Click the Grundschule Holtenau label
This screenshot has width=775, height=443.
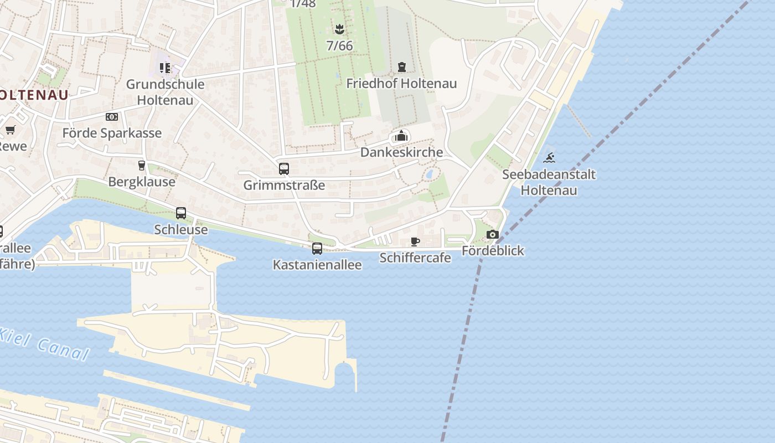[165, 92]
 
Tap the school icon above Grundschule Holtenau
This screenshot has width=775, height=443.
[164, 68]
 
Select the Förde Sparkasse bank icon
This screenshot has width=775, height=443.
[112, 117]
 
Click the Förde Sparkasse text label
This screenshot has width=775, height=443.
[112, 133]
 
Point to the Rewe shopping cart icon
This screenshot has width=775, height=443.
[10, 130]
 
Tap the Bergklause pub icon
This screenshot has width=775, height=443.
[141, 165]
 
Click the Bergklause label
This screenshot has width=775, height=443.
[142, 182]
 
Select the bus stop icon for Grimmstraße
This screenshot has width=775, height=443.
[284, 169]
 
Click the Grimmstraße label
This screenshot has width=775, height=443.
[284, 185]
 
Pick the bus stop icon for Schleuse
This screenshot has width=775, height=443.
[181, 213]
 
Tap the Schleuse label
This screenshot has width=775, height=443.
[181, 229]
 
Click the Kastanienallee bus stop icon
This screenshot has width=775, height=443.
[317, 249]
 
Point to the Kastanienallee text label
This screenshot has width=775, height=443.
[317, 265]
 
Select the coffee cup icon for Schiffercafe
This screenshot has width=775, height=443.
[415, 241]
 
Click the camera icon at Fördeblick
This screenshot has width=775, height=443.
[493, 235]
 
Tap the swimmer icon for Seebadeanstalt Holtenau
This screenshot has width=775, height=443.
[549, 158]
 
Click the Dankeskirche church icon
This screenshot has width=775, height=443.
[401, 136]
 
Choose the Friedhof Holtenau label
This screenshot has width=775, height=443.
[401, 84]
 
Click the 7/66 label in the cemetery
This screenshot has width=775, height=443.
[339, 46]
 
